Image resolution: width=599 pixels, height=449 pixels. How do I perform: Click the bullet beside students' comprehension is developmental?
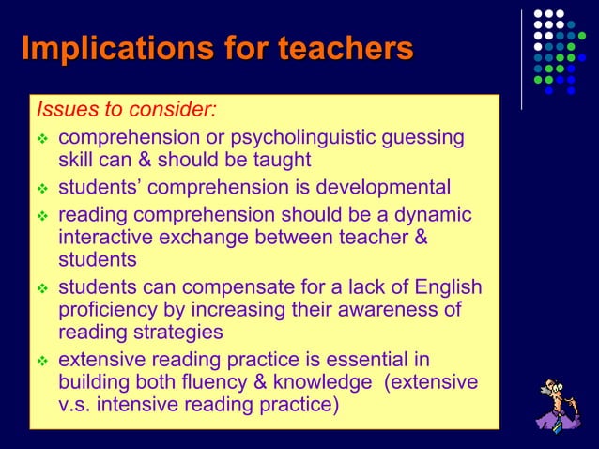click(x=41, y=188)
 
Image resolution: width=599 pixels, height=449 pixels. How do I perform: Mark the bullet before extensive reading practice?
click(x=41, y=360)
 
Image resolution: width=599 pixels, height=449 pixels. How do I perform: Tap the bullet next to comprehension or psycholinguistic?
click(x=41, y=139)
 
